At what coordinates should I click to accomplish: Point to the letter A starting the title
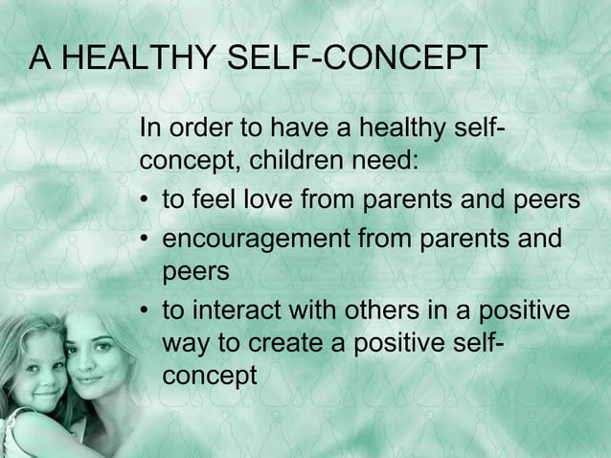click(40, 59)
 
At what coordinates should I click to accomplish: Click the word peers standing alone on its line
click(196, 272)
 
